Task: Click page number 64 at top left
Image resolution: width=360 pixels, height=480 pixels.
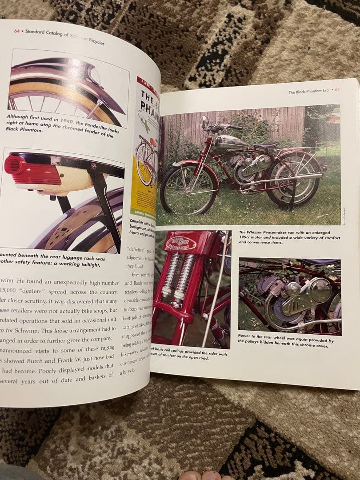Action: click(16, 31)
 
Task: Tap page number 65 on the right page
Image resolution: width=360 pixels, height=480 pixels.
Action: click(337, 89)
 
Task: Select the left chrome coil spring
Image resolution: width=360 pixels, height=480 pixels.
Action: click(172, 274)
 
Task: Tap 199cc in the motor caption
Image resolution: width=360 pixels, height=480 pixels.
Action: click(246, 237)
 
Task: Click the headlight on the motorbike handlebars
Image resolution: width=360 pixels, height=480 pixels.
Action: click(205, 120)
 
